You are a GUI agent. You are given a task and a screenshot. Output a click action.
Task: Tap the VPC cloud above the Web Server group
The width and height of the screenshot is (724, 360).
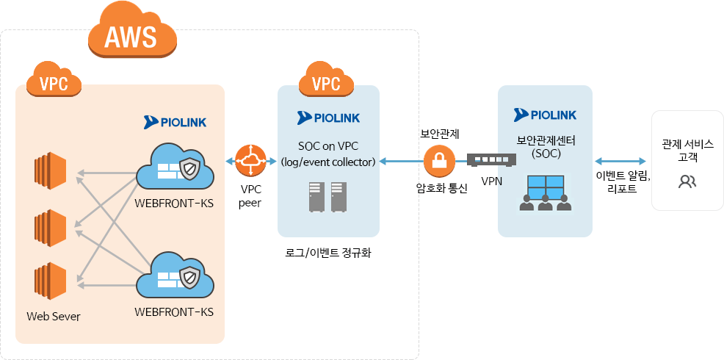tap(54, 82)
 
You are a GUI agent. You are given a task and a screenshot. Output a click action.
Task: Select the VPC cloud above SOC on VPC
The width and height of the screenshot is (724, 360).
tap(326, 82)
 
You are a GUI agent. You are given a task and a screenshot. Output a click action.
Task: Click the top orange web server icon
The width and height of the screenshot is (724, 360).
tap(50, 170)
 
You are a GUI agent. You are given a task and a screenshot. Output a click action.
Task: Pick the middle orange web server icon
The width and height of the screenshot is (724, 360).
tap(50, 227)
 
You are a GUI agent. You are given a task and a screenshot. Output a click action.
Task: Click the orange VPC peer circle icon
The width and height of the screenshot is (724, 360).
tap(250, 161)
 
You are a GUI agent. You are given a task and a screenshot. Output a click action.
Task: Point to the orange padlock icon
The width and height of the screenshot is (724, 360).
tap(439, 160)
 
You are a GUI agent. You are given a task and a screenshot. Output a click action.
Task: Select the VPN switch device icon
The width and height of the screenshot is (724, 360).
tap(491, 160)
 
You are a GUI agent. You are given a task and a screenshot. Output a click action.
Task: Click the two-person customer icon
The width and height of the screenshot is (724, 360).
tap(687, 181)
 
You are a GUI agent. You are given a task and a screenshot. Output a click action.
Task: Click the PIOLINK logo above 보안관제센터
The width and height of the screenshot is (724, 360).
tap(545, 115)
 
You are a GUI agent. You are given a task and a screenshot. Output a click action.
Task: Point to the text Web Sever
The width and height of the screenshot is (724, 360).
tap(54, 317)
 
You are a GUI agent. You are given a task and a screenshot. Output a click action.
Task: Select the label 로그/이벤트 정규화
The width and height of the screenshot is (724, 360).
tap(327, 253)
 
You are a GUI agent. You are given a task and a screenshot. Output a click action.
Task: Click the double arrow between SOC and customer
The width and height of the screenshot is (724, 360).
tap(621, 161)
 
